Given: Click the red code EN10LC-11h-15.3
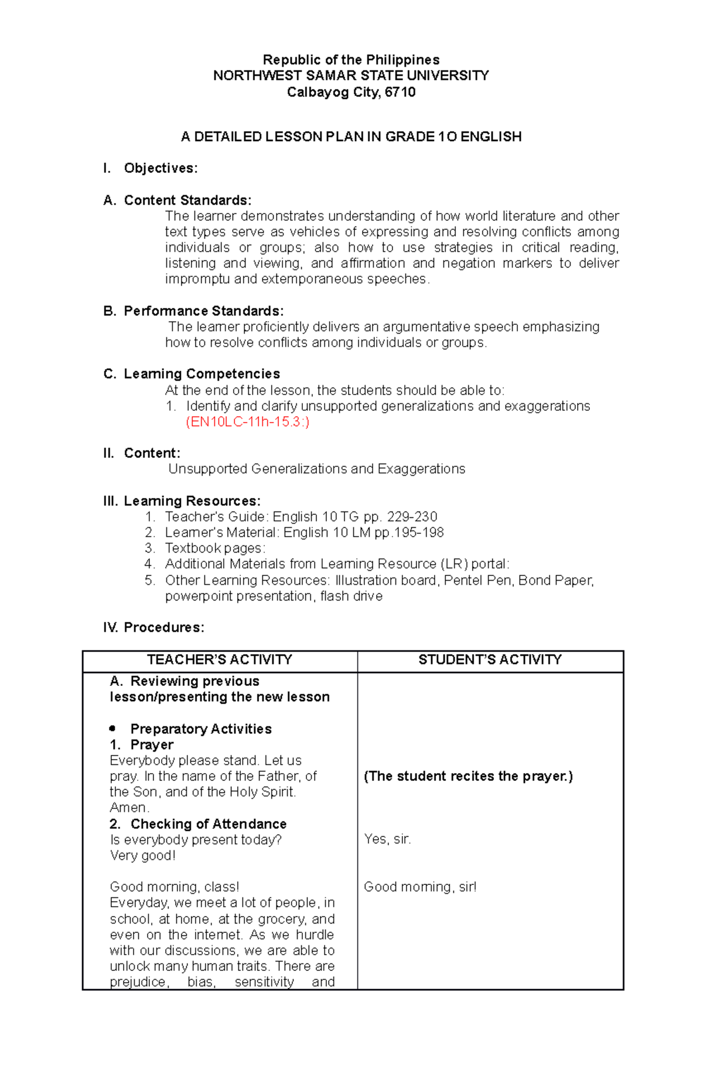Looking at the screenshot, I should point(247,422).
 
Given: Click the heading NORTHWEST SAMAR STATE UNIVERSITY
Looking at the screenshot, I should point(351,76).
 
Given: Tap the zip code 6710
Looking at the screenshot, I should point(400,92).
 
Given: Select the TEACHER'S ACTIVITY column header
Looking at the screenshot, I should point(220,660).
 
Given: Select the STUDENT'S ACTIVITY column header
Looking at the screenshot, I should point(490,660).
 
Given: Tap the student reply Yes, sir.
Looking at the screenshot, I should point(387,839).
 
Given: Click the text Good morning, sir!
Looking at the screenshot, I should point(420,887).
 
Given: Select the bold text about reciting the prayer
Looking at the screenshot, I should point(468,776).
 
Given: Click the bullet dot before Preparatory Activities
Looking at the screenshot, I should point(112,729).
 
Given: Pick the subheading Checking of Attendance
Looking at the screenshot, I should point(208,824).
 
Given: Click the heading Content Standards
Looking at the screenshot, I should point(187,200).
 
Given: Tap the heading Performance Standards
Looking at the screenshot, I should point(203,311).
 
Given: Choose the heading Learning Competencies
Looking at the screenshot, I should point(202,374).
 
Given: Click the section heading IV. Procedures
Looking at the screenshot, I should point(153,627).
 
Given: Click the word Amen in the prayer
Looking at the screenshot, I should point(129,808).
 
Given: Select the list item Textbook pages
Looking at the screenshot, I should point(215,548).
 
